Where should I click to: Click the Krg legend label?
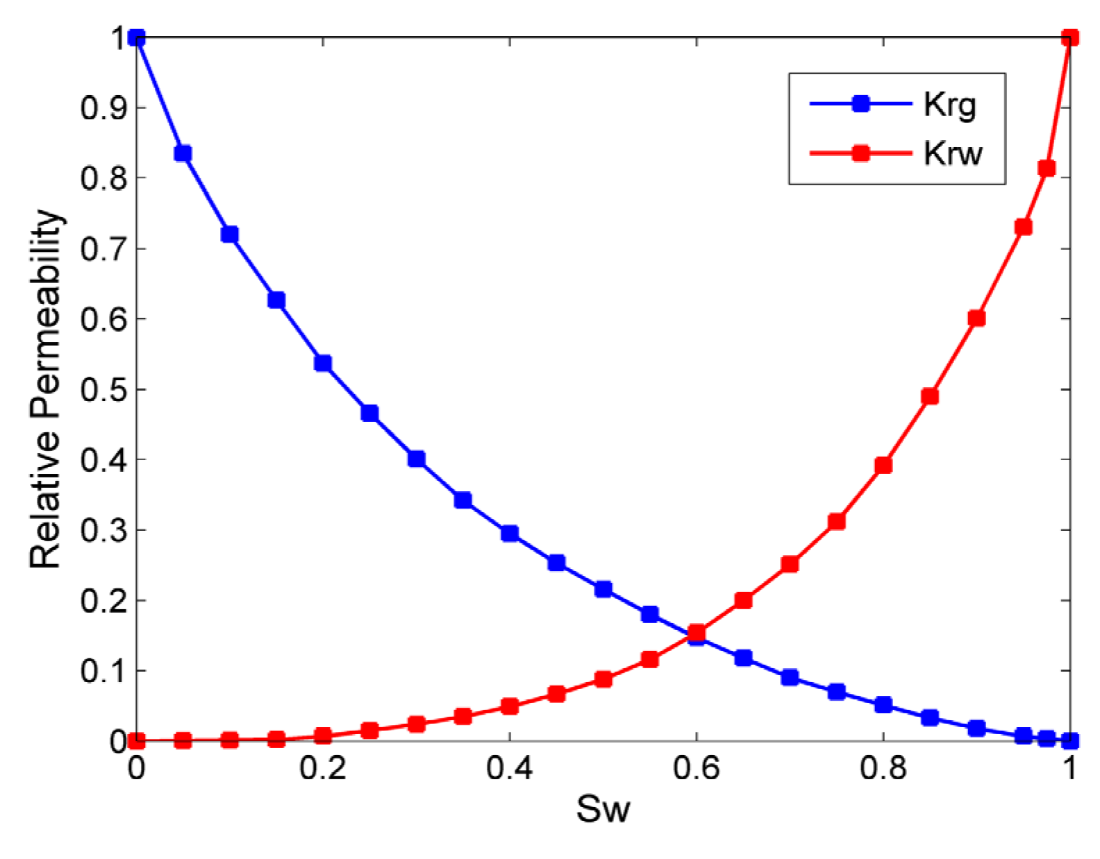[x=949, y=105]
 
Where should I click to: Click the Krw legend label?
[x=952, y=153]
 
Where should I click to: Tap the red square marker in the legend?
[x=860, y=153]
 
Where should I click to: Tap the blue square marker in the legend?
[x=860, y=103]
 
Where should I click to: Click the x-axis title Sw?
[x=603, y=809]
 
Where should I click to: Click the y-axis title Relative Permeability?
[x=46, y=389]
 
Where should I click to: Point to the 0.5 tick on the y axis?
[x=103, y=389]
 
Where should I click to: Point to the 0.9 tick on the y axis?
[x=103, y=108]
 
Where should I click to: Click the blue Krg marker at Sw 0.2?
[x=323, y=363]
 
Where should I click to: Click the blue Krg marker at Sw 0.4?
[x=510, y=533]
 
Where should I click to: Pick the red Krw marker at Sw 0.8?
[x=883, y=465]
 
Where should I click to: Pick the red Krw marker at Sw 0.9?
[x=976, y=318]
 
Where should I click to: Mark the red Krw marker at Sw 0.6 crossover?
[x=697, y=632]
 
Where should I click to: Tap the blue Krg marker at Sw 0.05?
[x=183, y=153]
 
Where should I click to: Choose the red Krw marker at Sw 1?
[x=1070, y=37]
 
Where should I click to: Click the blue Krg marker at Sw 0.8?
[x=883, y=705]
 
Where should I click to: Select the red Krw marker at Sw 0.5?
[x=603, y=679]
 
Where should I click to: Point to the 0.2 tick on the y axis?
[x=103, y=600]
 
